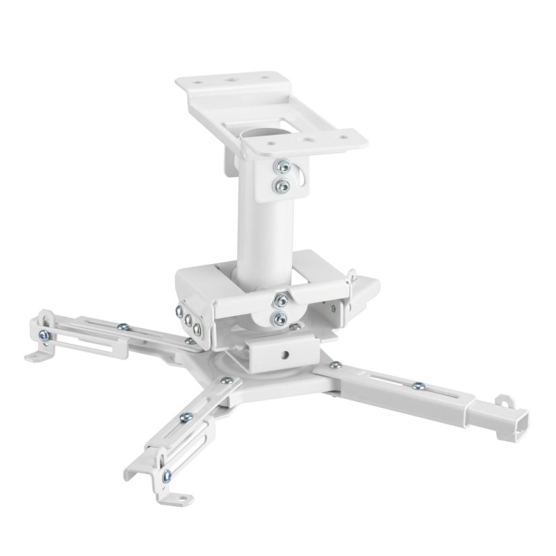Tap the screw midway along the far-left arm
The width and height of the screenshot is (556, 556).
(122, 325)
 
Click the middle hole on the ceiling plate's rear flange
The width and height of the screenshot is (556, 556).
(229, 80)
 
